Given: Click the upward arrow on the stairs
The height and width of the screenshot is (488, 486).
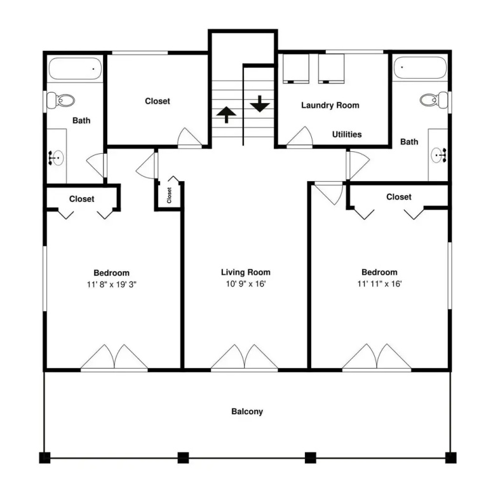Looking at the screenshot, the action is tap(226, 114).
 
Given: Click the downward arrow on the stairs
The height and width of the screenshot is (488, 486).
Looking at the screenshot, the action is tap(259, 104).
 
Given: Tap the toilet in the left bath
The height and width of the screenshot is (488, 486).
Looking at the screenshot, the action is tap(61, 100).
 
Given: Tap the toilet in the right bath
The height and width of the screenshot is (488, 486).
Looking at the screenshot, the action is tap(434, 100).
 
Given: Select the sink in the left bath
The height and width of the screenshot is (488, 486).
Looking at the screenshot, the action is tap(57, 158).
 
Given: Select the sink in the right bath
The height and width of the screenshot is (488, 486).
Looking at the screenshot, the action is tap(439, 155).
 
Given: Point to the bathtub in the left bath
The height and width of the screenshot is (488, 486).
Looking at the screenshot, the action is tap(76, 69).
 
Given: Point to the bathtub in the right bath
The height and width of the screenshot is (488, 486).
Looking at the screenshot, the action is tap(420, 67).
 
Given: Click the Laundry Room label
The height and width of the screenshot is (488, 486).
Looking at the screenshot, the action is tap(330, 105).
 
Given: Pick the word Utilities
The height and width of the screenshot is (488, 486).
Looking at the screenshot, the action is tap(347, 135).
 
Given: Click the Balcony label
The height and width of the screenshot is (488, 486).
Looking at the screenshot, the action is tap(247, 412).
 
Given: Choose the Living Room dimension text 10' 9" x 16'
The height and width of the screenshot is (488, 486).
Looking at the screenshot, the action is tap(245, 284).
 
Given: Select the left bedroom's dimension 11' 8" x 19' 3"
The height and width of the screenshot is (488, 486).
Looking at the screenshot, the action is tap(111, 285).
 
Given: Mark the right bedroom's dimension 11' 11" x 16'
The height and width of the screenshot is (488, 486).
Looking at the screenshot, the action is tap(380, 284).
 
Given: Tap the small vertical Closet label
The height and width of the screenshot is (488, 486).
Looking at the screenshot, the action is tap(169, 195).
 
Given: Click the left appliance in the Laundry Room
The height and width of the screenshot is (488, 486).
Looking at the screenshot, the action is tap(295, 69).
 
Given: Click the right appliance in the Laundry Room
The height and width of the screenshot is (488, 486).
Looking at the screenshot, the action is tap(331, 69).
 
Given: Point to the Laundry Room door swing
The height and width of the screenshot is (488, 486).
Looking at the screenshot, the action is tap(299, 137).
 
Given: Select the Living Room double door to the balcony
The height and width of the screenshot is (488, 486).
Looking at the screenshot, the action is tap(244, 357).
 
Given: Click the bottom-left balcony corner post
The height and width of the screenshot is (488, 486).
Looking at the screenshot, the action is tap(44, 457).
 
